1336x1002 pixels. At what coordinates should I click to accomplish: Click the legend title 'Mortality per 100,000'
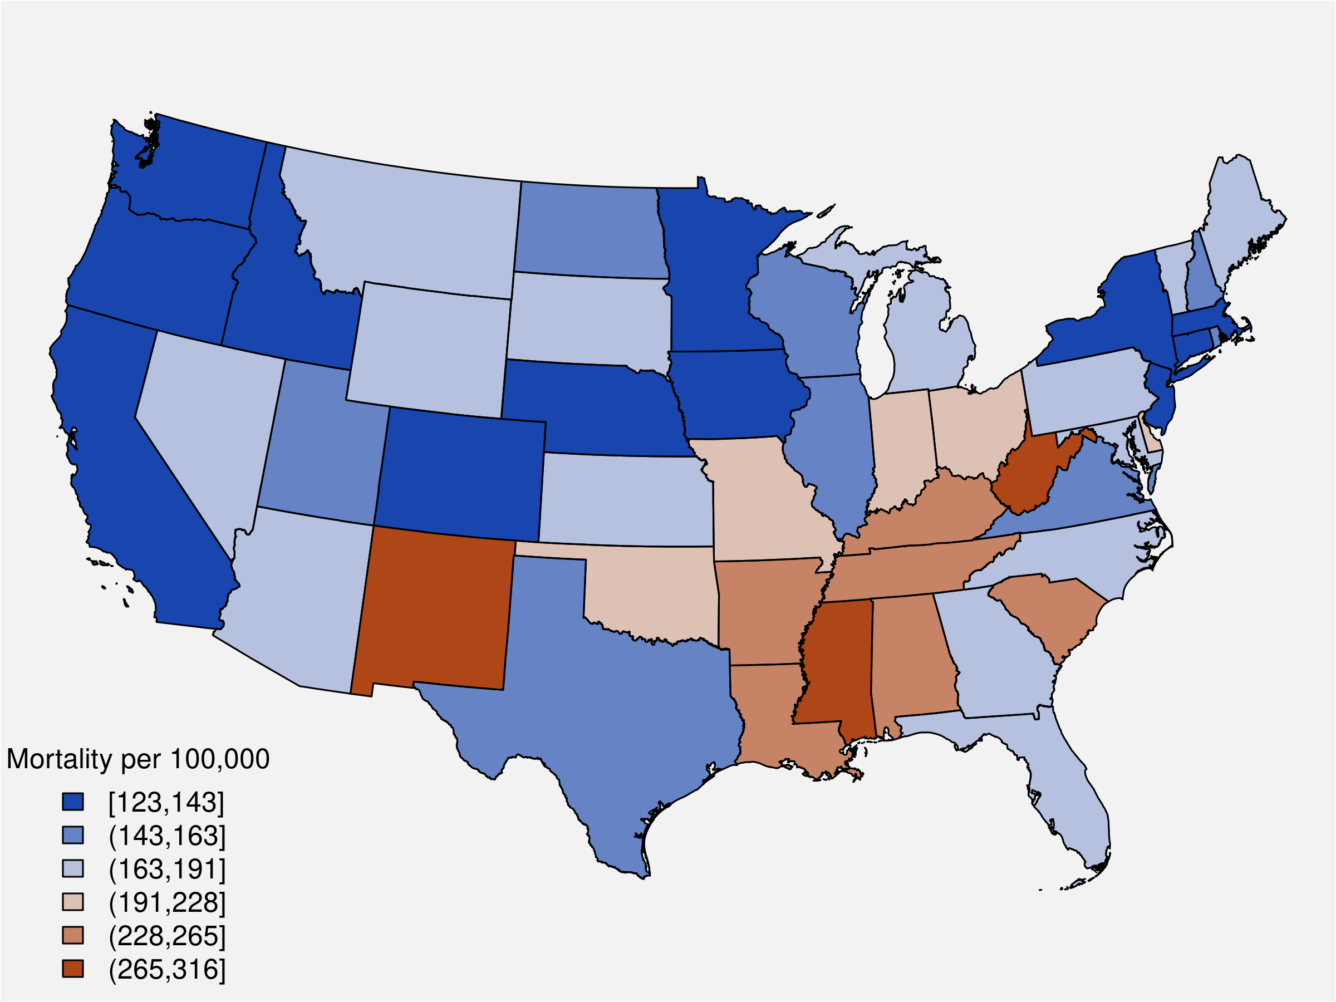click(137, 759)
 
